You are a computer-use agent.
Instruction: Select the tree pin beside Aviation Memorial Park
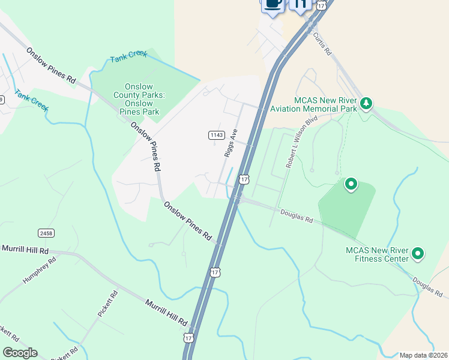(x=366, y=104)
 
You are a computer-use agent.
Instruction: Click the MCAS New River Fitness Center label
(x=377, y=254)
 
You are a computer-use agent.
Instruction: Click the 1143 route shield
(x=217, y=135)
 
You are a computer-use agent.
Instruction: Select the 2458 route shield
(x=46, y=233)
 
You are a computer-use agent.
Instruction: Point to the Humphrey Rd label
(x=39, y=271)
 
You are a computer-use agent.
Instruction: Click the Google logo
(x=20, y=353)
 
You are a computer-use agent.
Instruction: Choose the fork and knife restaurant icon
(x=301, y=4)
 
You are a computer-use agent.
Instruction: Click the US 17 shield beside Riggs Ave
(x=244, y=179)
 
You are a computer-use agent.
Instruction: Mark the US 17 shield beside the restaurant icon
(x=322, y=4)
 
